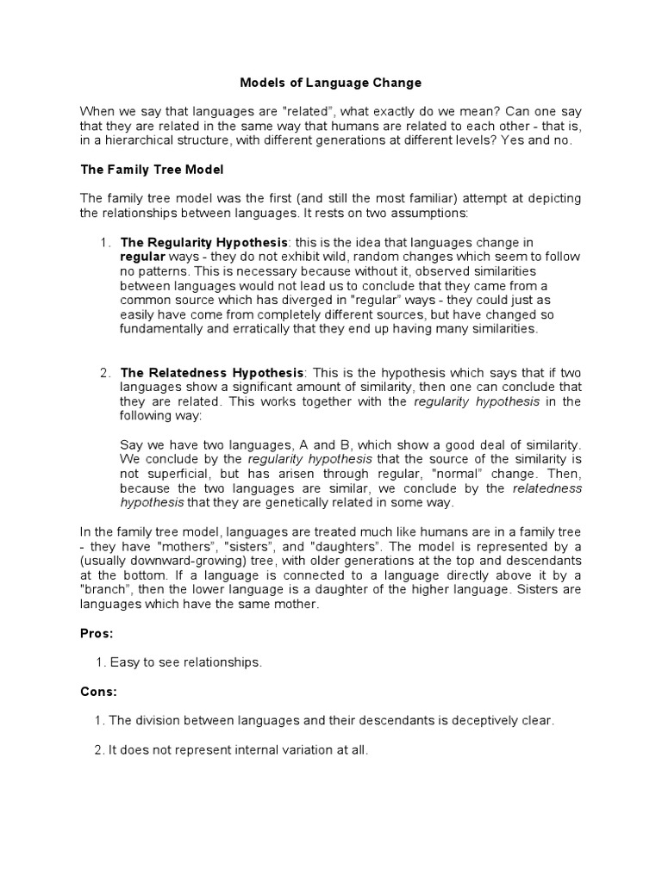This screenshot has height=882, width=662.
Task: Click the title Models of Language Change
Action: pyautogui.click(x=330, y=84)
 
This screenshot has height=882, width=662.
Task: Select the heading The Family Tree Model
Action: pyautogui.click(x=152, y=170)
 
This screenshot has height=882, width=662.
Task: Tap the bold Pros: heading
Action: pyautogui.click(x=97, y=633)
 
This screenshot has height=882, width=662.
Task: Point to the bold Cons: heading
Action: pyautogui.click(x=98, y=692)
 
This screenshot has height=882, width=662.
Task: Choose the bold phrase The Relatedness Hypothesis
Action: pyautogui.click(x=211, y=373)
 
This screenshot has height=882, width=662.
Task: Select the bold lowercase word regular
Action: pyautogui.click(x=141, y=257)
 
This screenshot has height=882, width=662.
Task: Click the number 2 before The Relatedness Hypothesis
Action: pyautogui.click(x=104, y=373)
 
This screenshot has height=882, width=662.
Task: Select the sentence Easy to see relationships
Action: pyautogui.click(x=184, y=662)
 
